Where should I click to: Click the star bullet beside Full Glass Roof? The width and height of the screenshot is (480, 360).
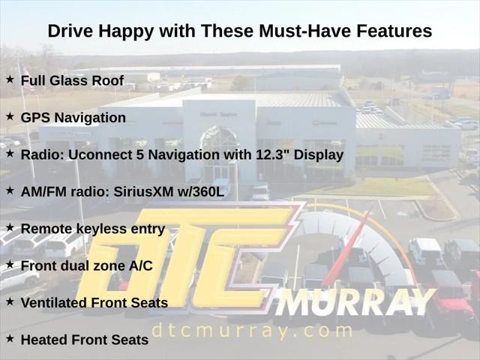click(10, 79)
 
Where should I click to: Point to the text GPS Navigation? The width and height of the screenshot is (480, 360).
click(73, 118)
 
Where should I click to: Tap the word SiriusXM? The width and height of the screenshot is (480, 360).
click(148, 191)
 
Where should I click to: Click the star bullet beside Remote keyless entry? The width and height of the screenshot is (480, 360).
click(10, 226)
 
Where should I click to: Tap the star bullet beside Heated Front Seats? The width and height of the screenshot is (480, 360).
click(10, 337)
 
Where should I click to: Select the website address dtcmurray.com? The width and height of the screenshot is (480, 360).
click(251, 330)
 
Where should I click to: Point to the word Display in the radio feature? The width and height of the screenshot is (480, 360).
click(320, 154)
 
